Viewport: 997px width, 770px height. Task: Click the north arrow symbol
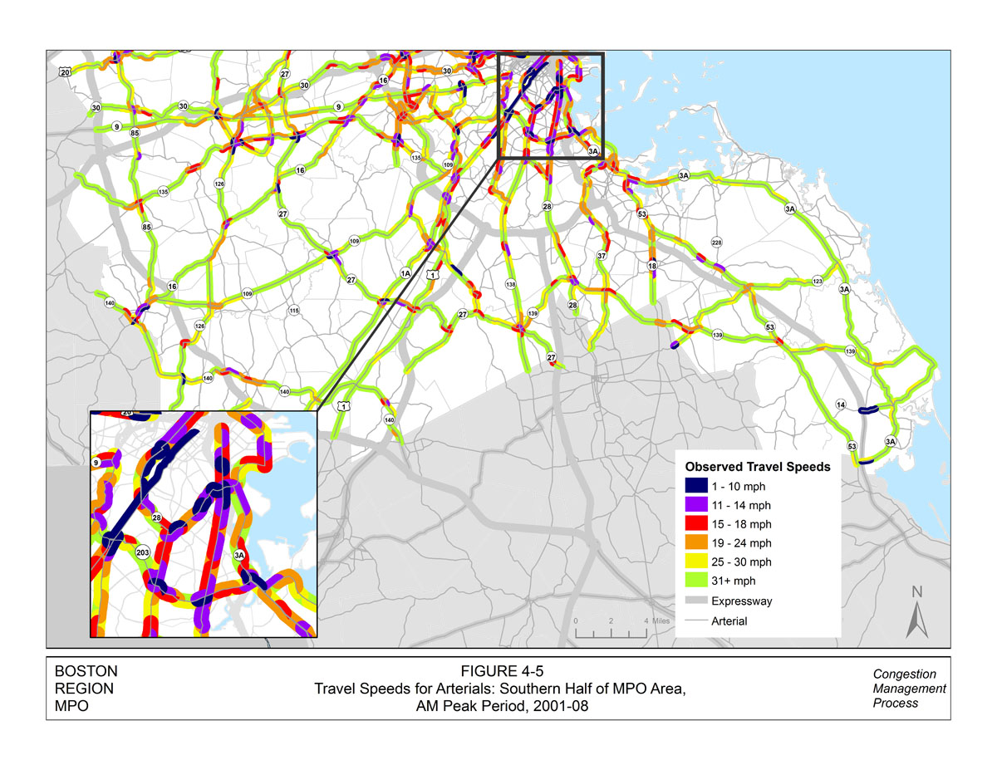pyautogui.click(x=917, y=613)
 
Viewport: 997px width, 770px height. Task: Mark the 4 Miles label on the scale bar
pyautogui.click(x=656, y=621)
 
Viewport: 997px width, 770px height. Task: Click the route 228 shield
pyautogui.click(x=716, y=243)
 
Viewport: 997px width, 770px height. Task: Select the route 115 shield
pyautogui.click(x=293, y=311)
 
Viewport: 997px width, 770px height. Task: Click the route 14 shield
pyautogui.click(x=841, y=405)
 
